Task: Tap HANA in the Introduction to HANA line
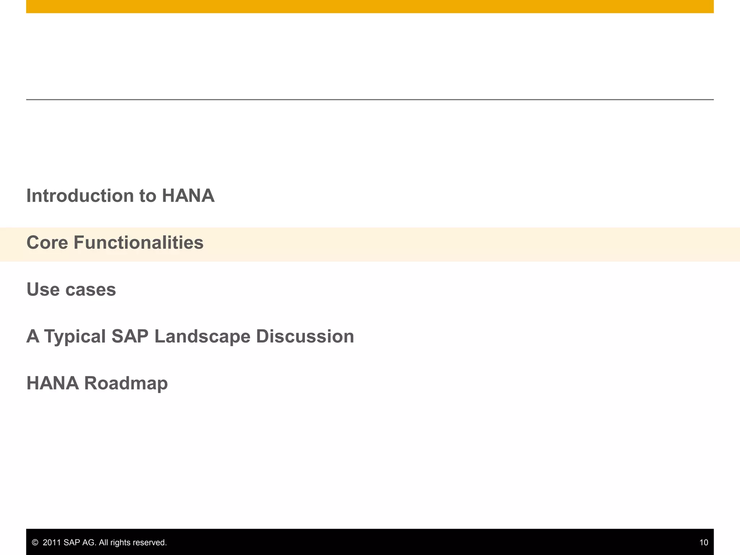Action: point(188,196)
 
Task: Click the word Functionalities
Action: point(138,242)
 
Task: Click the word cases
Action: point(91,289)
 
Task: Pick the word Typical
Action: point(75,337)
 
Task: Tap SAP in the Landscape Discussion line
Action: point(130,336)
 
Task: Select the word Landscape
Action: point(202,336)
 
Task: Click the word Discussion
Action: point(305,336)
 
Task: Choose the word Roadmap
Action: point(126,383)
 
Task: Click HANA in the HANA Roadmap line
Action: point(53,383)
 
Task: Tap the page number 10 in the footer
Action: point(704,542)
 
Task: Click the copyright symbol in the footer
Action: point(35,542)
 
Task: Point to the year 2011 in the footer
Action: point(52,542)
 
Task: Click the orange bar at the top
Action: point(370,7)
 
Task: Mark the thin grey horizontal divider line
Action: point(370,99)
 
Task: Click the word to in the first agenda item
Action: point(148,196)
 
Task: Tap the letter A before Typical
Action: point(33,336)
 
